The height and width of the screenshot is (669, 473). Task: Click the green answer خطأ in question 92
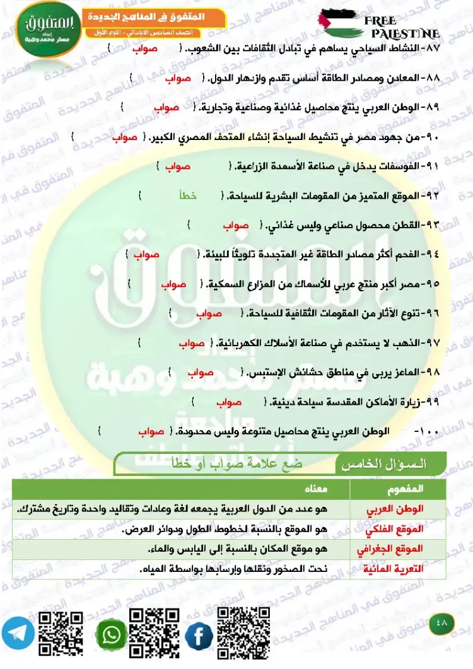coord(189,196)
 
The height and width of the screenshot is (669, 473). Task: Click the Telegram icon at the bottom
coord(17,634)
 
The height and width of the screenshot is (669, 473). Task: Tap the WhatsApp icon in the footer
coord(111,634)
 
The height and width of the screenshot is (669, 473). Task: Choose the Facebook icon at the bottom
coord(199,636)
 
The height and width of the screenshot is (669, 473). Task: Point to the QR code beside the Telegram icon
coord(61,634)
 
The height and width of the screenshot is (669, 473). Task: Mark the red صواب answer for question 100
coord(151,432)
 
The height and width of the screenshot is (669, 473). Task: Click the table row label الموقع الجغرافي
coord(399,549)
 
